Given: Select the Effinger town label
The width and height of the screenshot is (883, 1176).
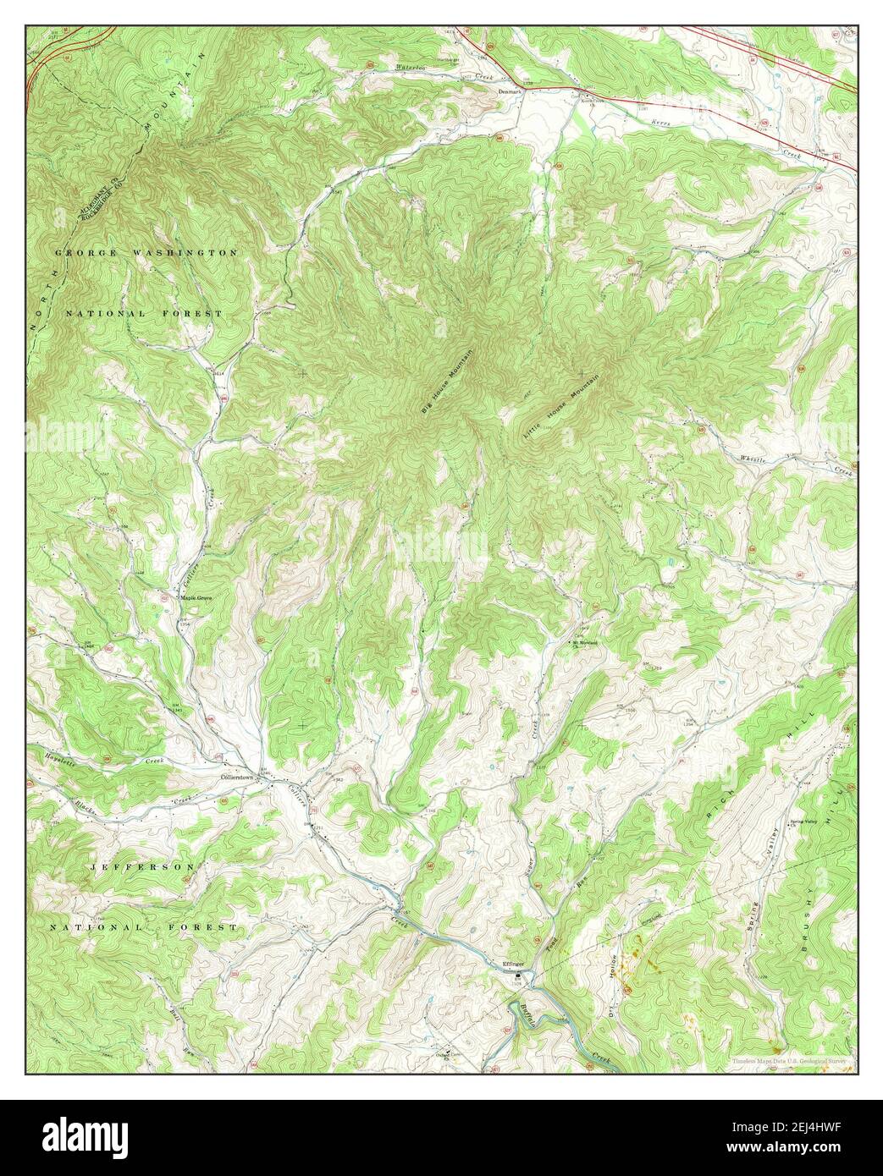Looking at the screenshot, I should pos(515,964).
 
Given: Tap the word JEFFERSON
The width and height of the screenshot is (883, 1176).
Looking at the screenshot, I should pos(143,867).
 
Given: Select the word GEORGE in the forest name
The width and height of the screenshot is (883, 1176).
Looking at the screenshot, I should pos(85,253).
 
